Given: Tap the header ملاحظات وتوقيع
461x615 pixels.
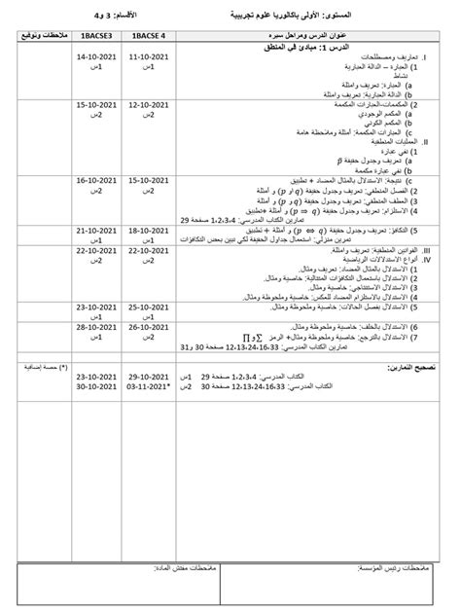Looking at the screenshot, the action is [x=36, y=37].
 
